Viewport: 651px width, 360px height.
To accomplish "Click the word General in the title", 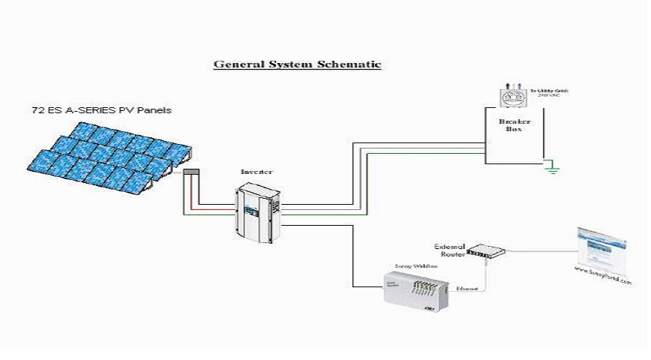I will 236,64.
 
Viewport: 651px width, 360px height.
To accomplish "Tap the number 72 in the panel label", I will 37,110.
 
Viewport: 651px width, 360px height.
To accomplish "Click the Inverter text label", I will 256,172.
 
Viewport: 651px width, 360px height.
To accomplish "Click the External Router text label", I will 450,250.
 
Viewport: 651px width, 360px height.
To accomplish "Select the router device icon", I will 485,254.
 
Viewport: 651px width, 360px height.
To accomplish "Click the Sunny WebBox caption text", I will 409,265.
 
